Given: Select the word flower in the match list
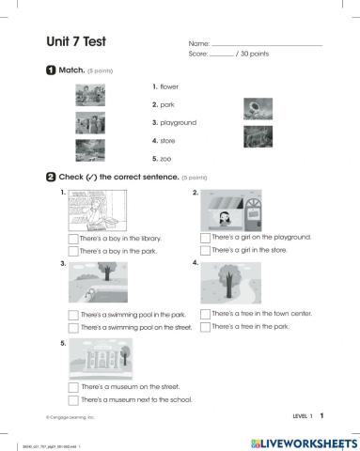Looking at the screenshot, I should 169,86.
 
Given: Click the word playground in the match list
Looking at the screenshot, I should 178,123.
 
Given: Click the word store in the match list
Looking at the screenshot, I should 167,141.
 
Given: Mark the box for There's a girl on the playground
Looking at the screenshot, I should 205,239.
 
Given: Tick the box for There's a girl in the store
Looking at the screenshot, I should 205,251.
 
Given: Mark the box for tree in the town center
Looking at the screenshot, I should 205,314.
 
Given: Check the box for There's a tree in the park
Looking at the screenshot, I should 205,326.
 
